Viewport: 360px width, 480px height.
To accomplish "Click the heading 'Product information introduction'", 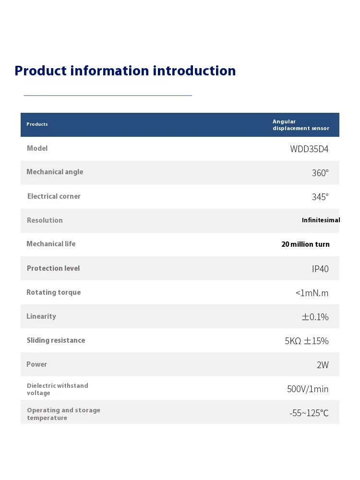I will coord(125,71).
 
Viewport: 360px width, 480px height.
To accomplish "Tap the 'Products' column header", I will coord(37,124).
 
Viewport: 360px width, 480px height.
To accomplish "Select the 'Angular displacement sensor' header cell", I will coord(300,125).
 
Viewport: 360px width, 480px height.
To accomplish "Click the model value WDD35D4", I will coord(309,149).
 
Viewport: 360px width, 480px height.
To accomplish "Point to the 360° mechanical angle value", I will coord(320,173).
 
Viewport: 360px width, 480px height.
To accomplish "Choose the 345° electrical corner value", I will coord(320,197).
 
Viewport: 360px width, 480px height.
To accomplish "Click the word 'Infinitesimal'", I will coord(321,220).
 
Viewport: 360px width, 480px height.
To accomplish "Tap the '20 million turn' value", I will coord(305,244).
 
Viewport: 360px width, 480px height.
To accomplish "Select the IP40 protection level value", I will coord(320,269).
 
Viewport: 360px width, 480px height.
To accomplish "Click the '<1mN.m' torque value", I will coord(312,293).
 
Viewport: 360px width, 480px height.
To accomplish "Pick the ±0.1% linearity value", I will coord(315,317).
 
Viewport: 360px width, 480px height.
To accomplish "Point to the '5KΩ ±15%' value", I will coord(307,341).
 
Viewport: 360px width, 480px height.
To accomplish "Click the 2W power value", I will coord(323,365).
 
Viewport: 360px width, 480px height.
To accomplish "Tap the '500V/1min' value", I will coord(308,389).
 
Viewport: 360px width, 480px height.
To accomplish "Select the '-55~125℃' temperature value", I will coord(309,413).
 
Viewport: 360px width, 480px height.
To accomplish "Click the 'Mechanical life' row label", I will coord(51,244).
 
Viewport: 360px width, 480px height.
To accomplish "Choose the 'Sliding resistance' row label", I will coord(56,340).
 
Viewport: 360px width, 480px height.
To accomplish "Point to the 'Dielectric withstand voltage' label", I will coord(57,389).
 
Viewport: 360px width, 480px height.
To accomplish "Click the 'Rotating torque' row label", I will coord(53,292).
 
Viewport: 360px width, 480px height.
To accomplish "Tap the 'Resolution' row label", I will coord(45,220).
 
